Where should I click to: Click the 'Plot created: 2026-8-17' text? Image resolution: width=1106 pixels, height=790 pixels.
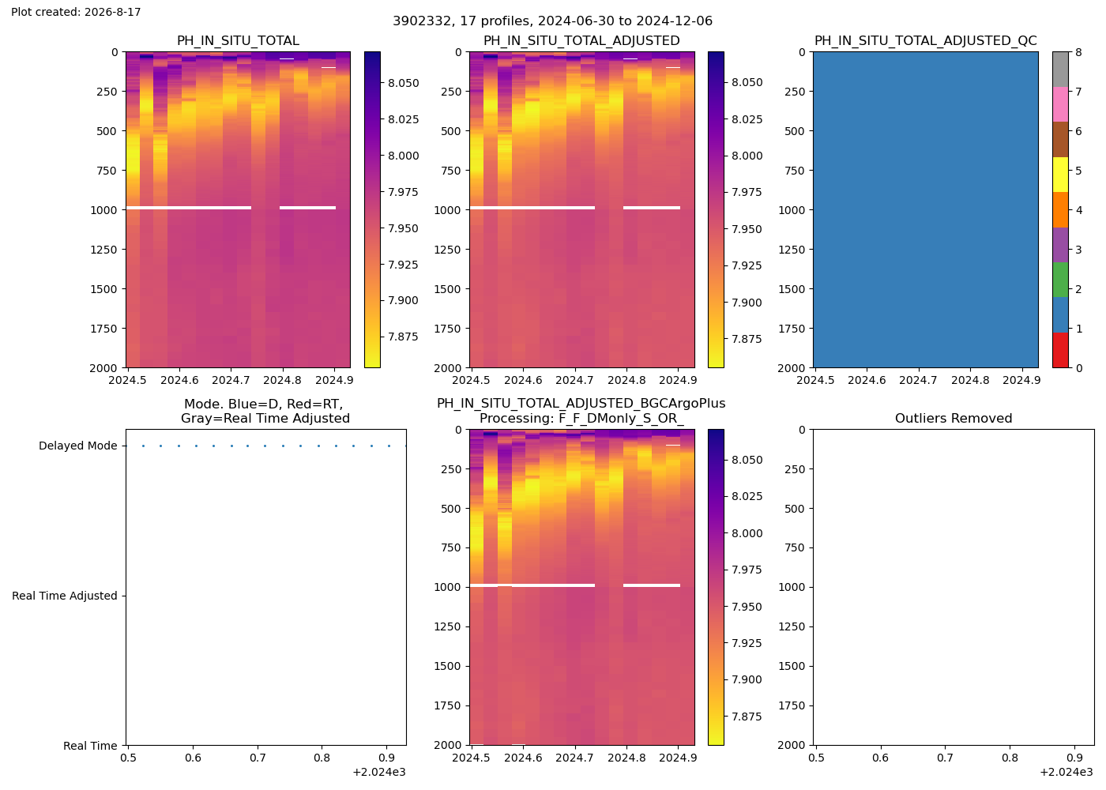click(76, 12)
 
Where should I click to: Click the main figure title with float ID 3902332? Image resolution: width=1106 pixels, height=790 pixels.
click(552, 21)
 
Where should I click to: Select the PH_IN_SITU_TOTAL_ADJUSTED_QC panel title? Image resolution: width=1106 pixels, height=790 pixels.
click(925, 40)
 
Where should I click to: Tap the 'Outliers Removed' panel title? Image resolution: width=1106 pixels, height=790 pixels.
click(954, 418)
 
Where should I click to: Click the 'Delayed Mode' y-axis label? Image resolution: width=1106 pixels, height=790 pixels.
click(78, 446)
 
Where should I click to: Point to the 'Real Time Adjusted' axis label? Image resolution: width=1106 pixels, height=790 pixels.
click(65, 596)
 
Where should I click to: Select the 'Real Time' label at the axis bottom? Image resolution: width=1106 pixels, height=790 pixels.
click(90, 746)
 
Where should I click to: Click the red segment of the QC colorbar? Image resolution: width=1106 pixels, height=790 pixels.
click(1060, 350)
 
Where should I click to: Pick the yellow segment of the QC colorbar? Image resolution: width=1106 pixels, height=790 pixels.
click(1060, 175)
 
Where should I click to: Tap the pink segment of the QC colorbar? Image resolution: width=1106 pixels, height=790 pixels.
click(1060, 104)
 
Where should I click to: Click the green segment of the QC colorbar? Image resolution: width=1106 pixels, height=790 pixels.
click(1060, 280)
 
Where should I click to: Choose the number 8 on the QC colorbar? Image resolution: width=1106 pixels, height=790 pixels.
click(1078, 52)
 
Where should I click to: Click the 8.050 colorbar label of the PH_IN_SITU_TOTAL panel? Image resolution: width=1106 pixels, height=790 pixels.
click(404, 83)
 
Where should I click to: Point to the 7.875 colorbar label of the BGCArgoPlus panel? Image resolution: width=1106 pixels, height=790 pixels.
click(747, 717)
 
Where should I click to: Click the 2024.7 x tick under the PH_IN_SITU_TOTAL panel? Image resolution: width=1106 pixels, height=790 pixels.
click(231, 380)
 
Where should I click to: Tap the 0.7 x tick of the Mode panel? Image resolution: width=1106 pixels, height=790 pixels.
click(258, 758)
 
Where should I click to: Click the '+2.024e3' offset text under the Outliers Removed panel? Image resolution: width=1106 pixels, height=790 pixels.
click(1066, 773)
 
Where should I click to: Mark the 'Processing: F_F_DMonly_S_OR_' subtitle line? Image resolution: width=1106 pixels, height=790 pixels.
click(581, 418)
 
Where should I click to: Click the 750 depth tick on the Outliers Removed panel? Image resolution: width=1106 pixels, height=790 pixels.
click(796, 547)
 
